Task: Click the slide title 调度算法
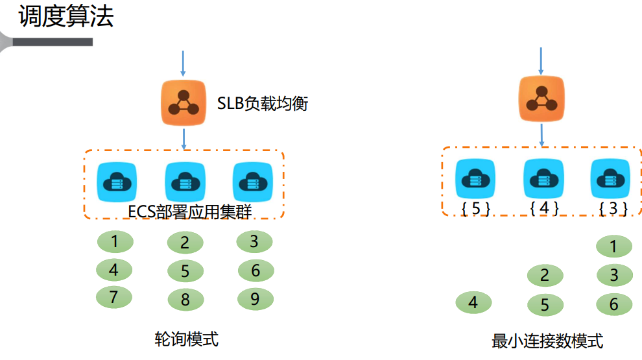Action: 66,16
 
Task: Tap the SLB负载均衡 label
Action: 262,102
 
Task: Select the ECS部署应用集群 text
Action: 189,211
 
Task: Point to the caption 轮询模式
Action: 186,339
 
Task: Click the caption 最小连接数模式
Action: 547,341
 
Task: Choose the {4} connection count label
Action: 543,208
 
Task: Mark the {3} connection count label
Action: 612,208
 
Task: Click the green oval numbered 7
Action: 114,297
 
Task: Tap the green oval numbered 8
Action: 185,300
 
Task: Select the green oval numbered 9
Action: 256,298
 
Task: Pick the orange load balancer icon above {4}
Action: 541,99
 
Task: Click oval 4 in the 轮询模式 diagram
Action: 114,269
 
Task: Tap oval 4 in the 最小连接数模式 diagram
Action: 473,303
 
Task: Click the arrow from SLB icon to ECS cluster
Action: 184,138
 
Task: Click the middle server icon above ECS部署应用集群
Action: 185,182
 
